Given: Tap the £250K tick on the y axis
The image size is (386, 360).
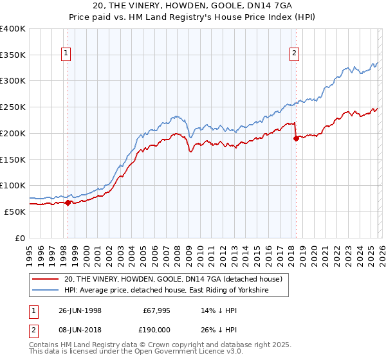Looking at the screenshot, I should [x=13, y=107].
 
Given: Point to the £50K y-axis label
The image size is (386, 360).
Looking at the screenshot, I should [x=15, y=212].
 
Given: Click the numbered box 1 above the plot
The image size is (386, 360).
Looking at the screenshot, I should [x=66, y=54].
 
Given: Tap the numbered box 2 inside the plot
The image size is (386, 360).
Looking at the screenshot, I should [x=294, y=54].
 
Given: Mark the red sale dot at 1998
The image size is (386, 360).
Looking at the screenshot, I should [x=68, y=203].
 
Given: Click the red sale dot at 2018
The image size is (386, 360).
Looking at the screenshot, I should [x=295, y=139].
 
